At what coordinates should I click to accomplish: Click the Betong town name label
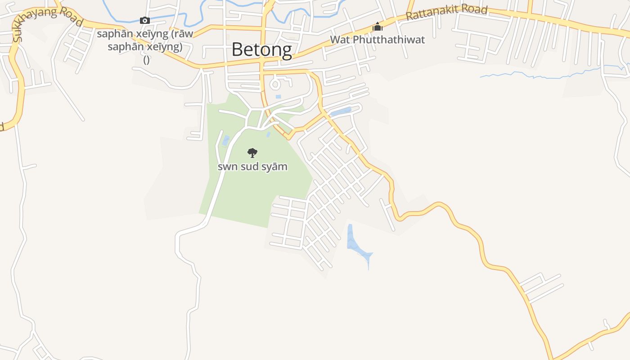[261, 49]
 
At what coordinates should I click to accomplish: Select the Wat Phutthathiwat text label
[378, 40]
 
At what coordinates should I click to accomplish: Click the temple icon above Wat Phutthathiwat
[377, 27]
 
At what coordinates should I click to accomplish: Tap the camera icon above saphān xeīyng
[145, 20]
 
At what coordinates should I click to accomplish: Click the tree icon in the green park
[252, 153]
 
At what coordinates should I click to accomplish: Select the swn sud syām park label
[252, 166]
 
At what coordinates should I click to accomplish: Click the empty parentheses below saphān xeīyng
[147, 59]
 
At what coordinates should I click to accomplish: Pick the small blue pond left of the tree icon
[226, 140]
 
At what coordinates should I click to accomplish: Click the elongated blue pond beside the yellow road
[341, 111]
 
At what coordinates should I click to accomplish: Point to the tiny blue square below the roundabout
[278, 97]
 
